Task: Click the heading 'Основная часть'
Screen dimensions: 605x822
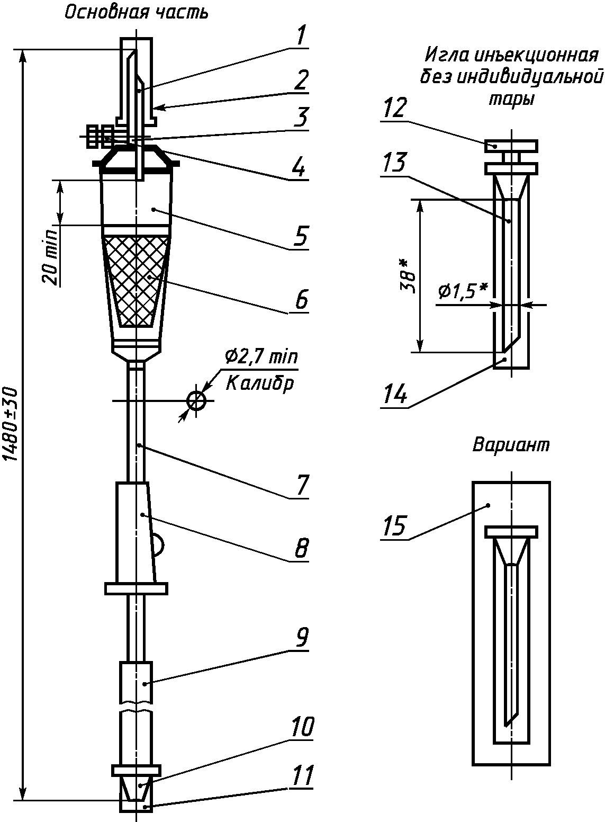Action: coord(137,13)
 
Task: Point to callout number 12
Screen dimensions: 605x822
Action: coord(395,108)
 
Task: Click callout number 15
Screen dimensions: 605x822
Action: coord(395,525)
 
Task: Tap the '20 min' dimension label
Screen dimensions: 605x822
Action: coord(51,256)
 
